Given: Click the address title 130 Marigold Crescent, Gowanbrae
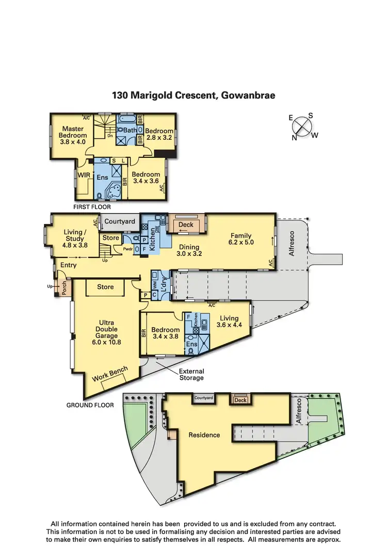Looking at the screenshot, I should pos(193,95).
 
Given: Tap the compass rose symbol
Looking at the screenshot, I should pos(304,126).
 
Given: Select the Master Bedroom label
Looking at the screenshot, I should pos(73,135).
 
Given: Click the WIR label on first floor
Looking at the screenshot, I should pos(84,175).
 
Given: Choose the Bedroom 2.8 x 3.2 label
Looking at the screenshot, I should pos(159,135).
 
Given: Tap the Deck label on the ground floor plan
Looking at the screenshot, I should pos(186,225).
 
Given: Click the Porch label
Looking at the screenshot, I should pos(64,287).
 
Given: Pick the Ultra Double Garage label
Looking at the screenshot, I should pos(106,332).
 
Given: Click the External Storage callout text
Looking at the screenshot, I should pos(191,375).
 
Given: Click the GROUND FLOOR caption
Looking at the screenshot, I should pos(90,405).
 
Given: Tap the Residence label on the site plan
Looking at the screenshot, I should pos(204,435).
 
